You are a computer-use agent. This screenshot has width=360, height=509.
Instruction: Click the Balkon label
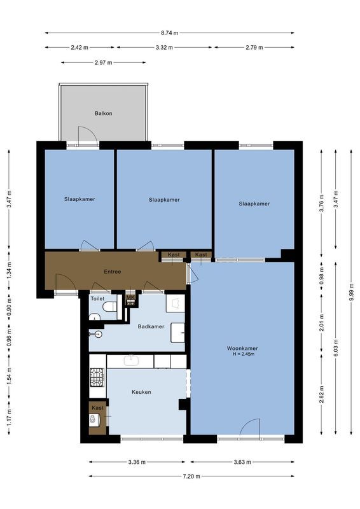point(104,113)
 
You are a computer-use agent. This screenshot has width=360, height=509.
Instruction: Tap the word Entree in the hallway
point(113,272)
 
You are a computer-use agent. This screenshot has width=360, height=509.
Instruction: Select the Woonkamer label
point(242,348)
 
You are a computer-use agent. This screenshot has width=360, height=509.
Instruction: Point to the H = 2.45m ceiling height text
point(242,355)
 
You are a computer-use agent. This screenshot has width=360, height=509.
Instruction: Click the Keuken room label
point(141,392)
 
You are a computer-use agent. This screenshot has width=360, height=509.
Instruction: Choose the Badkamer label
point(151,326)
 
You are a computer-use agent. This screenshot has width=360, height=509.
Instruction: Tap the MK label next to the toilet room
point(131,297)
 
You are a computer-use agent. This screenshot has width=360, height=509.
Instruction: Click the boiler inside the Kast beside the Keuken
point(95,419)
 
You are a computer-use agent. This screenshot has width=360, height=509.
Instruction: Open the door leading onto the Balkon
point(87,136)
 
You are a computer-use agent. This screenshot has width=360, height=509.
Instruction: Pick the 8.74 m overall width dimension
point(170,32)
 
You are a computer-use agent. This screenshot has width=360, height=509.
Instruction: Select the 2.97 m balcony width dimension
point(103,62)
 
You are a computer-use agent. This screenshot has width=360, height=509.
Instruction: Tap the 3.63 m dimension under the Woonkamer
point(242,462)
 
